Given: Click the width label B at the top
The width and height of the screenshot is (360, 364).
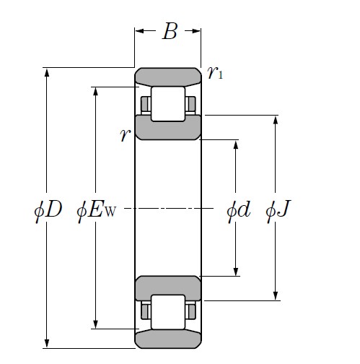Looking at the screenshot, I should click(170, 32).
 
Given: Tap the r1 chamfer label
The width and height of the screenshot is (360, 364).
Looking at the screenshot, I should click(214, 72).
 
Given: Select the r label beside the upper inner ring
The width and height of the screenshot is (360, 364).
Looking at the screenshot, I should click(125, 135).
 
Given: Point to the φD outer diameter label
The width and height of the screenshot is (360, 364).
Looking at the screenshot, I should click(48, 211).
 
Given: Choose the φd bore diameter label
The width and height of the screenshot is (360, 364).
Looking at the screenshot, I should click(237, 211).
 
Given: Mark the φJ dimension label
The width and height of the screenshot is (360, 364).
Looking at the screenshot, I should click(278, 211).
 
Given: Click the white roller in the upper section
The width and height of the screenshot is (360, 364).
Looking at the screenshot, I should click(167, 103).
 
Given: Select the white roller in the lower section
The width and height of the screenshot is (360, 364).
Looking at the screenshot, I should click(167, 311).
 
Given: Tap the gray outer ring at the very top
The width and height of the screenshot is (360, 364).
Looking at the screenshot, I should click(168, 76).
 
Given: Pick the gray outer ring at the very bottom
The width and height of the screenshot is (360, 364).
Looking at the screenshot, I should click(168, 339).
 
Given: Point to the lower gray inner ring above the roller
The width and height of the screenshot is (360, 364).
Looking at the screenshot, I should click(168, 286).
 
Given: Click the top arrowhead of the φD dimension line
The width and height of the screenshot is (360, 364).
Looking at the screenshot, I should click(48, 73).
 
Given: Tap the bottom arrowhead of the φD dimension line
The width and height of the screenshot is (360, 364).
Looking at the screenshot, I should click(48, 343).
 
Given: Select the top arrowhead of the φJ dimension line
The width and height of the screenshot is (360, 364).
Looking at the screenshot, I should click(275, 120).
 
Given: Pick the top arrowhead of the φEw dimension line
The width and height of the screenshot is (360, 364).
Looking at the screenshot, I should click(95, 92).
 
